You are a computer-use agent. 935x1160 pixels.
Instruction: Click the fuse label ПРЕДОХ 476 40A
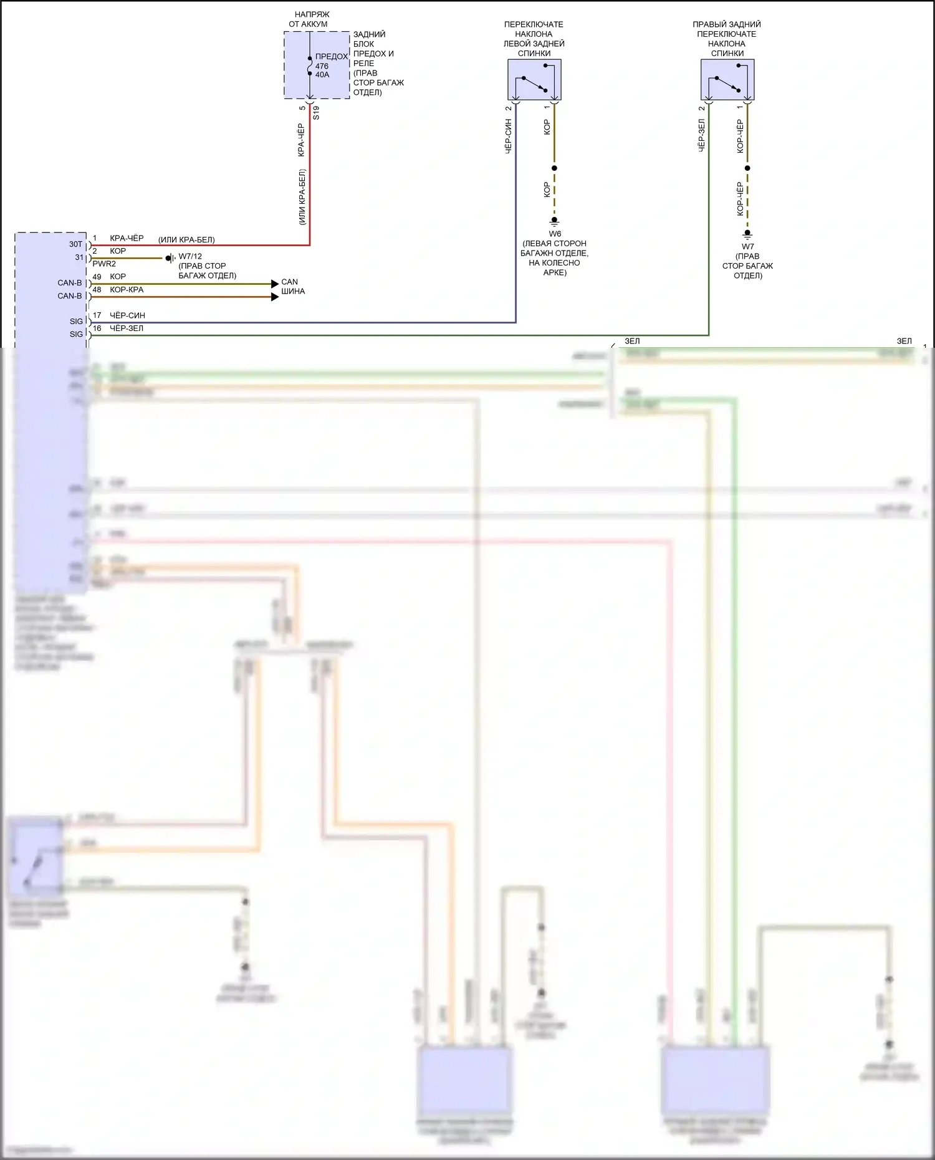(x=330, y=65)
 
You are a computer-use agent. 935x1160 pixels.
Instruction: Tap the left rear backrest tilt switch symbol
(x=534, y=79)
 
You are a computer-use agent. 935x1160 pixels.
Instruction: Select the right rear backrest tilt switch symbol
(x=727, y=79)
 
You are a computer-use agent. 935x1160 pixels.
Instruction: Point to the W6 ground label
(x=554, y=234)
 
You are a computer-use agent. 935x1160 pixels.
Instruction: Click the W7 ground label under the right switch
(x=747, y=246)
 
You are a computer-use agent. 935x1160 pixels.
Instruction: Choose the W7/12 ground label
(x=190, y=256)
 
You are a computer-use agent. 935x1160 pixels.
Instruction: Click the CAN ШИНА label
(x=292, y=287)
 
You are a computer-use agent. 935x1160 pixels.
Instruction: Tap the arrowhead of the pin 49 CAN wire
(x=275, y=284)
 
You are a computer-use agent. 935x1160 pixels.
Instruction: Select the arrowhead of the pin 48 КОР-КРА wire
(x=275, y=297)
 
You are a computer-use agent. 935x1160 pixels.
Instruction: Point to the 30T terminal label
(x=75, y=244)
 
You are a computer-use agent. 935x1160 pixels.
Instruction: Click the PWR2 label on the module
(x=104, y=264)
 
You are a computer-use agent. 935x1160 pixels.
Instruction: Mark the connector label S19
(x=316, y=113)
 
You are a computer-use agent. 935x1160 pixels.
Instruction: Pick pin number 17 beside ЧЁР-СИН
(x=97, y=315)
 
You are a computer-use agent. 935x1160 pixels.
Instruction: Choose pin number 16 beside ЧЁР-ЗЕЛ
(x=97, y=328)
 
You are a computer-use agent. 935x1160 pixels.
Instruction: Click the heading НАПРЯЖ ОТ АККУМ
(x=308, y=19)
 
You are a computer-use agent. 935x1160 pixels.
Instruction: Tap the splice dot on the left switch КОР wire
(x=554, y=168)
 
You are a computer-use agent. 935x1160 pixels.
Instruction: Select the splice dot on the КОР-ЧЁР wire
(x=747, y=168)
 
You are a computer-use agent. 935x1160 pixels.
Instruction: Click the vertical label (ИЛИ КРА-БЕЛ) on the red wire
(x=302, y=196)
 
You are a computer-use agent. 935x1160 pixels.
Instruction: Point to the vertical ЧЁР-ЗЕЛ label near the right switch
(x=701, y=135)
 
